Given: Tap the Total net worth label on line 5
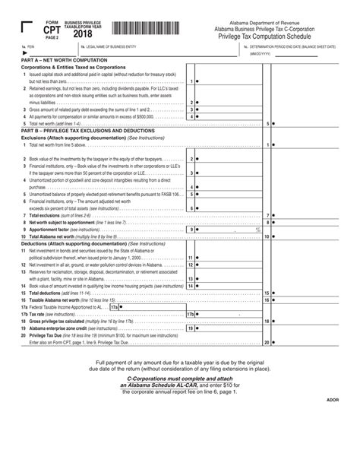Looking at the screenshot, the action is [x=44, y=122].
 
